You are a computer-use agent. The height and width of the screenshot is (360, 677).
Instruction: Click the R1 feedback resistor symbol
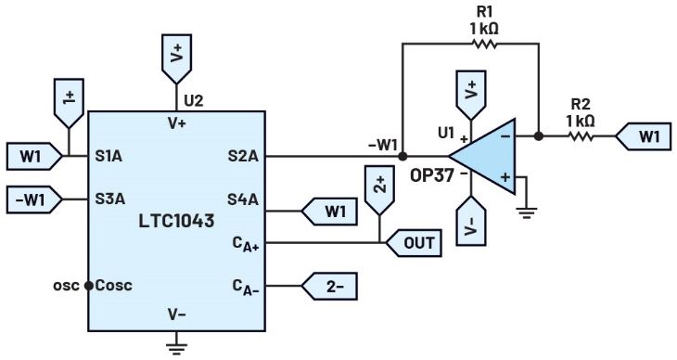484,44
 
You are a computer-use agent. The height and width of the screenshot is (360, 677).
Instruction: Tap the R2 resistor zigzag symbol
581,136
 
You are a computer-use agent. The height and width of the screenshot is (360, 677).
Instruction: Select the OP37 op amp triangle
482,156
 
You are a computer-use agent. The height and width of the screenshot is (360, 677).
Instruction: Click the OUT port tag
414,243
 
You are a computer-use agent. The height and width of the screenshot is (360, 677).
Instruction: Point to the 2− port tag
329,286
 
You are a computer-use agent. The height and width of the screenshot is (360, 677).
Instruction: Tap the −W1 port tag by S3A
34,199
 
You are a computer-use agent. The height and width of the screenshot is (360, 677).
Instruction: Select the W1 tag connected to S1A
34,156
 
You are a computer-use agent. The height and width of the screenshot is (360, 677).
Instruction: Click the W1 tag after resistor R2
644,136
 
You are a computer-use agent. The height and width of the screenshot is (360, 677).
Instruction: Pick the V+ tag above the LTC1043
176,59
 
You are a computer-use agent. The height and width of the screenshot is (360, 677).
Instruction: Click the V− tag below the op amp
471,221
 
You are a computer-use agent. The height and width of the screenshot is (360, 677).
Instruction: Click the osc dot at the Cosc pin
88,286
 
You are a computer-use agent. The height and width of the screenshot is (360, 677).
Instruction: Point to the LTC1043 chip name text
176,221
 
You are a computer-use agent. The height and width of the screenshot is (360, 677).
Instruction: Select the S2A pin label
243,156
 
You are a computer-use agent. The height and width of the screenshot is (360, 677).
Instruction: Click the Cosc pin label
113,286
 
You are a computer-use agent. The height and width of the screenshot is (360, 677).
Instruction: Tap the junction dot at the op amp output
539,136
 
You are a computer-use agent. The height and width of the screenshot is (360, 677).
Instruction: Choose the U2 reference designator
193,101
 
